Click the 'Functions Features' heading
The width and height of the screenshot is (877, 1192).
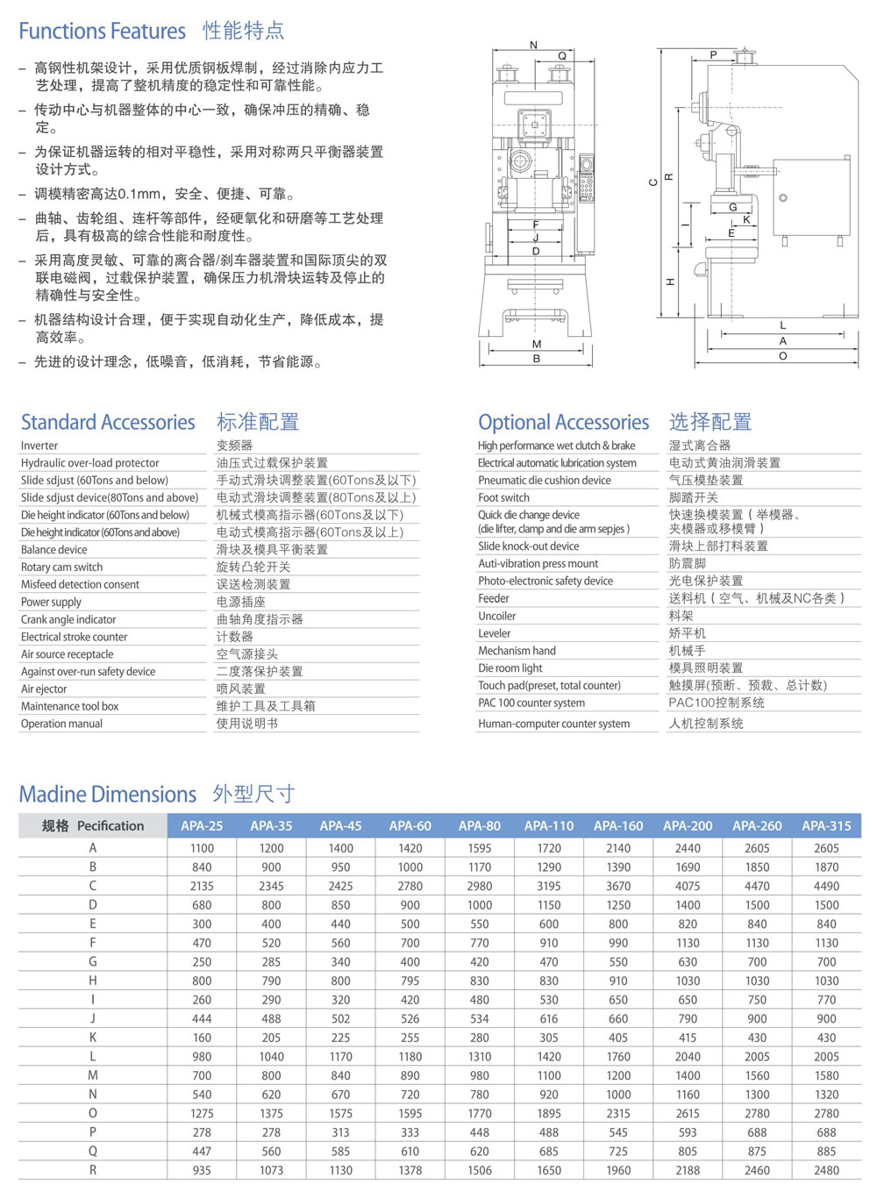click(x=102, y=32)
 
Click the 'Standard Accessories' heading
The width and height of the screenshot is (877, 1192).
click(x=108, y=422)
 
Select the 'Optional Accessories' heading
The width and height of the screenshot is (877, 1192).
click(x=563, y=422)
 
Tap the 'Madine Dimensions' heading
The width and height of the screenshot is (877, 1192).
click(x=108, y=795)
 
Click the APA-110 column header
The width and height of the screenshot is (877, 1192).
click(x=549, y=825)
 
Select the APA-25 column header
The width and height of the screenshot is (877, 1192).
click(x=202, y=825)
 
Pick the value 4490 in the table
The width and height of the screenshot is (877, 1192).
click(x=826, y=886)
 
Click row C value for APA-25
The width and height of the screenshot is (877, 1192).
click(x=202, y=886)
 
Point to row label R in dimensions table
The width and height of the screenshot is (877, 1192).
click(x=93, y=1170)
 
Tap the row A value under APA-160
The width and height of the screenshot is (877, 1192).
click(x=618, y=848)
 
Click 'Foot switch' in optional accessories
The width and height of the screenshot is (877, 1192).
click(x=503, y=497)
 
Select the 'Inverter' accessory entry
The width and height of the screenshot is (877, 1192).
click(x=39, y=446)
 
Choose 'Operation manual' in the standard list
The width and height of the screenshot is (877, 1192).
click(x=61, y=724)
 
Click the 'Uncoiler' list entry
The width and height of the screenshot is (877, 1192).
click(x=496, y=616)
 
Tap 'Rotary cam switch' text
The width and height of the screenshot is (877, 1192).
click(x=61, y=567)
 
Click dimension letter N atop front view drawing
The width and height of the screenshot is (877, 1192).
click(x=533, y=45)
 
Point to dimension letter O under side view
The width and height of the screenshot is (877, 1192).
click(x=782, y=356)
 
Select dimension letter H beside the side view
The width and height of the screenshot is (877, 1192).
click(x=670, y=282)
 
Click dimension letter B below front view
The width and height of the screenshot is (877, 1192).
click(x=536, y=358)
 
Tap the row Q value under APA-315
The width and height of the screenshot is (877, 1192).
click(x=826, y=1152)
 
